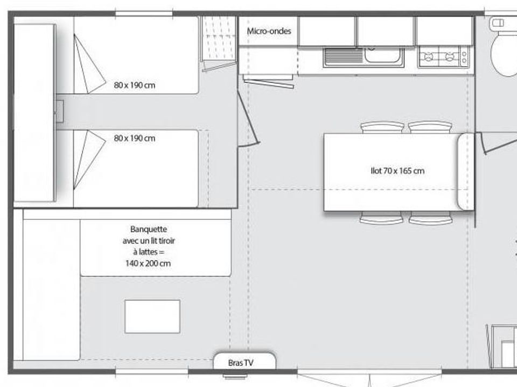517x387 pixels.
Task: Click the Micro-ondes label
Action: pos(269,31)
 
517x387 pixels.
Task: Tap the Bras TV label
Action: pos(241,363)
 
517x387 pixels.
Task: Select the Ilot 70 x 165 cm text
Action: pos(397,171)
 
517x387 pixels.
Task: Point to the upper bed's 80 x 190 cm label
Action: pos(135,85)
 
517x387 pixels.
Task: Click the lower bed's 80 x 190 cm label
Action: pos(135,138)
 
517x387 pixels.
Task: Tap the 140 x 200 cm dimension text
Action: pos(148,263)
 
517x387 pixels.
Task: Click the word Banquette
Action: pos(149,229)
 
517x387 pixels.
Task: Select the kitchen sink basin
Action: pos(383,55)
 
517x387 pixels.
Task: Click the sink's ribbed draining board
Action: pos(344,55)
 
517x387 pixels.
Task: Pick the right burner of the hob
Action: pos(450,57)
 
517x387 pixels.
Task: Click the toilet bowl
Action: pos(504,54)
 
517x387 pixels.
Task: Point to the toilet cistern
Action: pos(503,23)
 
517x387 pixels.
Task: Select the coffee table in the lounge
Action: pos(152,317)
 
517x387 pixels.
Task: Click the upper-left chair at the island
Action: pos(382,127)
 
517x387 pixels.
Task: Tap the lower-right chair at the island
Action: pos(430,218)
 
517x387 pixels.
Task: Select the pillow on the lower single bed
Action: pos(88,159)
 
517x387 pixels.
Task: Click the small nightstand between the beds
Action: pos(60,112)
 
